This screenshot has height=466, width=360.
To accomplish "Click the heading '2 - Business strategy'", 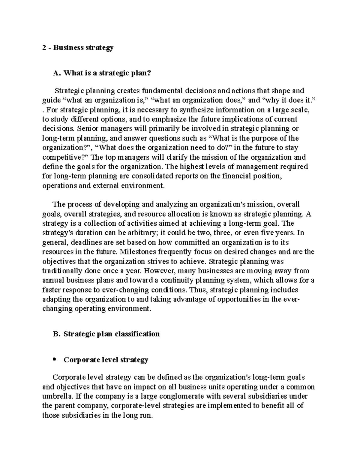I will tap(78, 48).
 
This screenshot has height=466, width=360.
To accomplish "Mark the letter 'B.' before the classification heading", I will tap(57, 334).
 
